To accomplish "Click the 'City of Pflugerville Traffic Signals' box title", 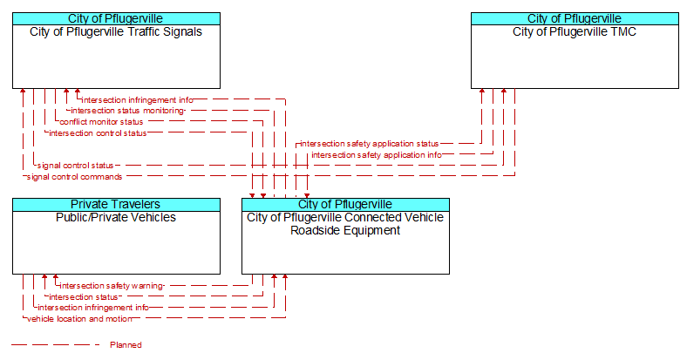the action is coord(116,32).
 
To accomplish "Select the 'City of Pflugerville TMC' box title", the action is coord(575,32).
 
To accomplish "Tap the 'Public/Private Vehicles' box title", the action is coord(116,218).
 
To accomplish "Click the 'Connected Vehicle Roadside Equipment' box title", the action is coord(345,224).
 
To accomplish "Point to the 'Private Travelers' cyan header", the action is coord(116,205).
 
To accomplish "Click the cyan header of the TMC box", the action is coord(575,19).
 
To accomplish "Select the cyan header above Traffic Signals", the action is coord(116,19).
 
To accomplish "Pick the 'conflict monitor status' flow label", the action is coord(101,122).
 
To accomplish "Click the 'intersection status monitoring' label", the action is coord(127,111).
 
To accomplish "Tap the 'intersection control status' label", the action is coord(98,133).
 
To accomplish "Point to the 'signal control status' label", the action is coord(75,166).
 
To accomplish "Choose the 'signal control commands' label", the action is coord(74,177).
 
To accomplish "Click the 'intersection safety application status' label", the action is coord(370,144).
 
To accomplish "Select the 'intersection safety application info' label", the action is coord(377,155).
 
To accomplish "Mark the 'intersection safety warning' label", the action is coord(112,286).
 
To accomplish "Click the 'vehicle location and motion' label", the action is coord(79,319).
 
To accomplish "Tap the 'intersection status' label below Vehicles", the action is coord(83,297).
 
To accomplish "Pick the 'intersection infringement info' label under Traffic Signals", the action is coord(137,100).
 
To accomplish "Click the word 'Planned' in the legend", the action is coord(126,345).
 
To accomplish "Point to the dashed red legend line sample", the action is coord(56,345).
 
